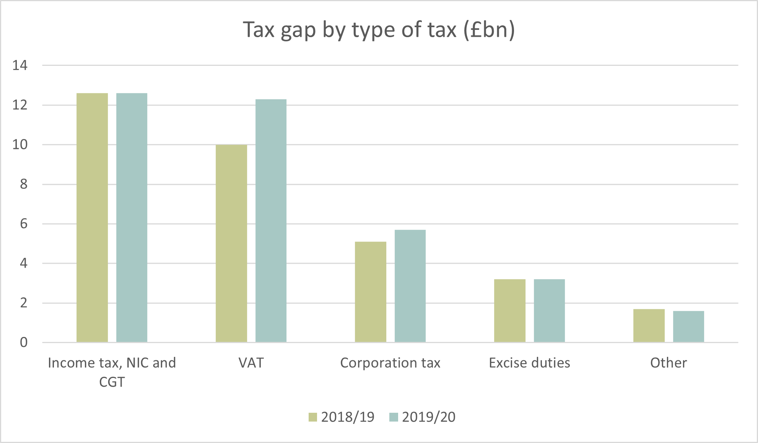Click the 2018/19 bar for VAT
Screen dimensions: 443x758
pyautogui.click(x=231, y=244)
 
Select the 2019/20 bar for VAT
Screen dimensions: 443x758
pyautogui.click(x=271, y=221)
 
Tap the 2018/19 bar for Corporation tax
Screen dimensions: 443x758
pyautogui.click(x=371, y=292)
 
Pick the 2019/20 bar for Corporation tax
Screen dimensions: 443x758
pyautogui.click(x=410, y=286)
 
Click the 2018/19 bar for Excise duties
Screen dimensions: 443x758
pyautogui.click(x=510, y=311)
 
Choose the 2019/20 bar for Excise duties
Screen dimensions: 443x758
pyautogui.click(x=549, y=311)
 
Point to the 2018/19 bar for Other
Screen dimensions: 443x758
pyautogui.click(x=649, y=325)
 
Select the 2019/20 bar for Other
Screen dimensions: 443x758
pyautogui.click(x=688, y=327)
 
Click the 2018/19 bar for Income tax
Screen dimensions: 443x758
pyautogui.click(x=92, y=217)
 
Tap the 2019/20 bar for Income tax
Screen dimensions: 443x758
pyautogui.click(x=132, y=217)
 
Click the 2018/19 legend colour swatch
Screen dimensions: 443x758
pyautogui.click(x=313, y=417)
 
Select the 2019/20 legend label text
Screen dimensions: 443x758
pyautogui.click(x=429, y=417)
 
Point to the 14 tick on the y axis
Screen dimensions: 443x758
pyautogui.click(x=20, y=65)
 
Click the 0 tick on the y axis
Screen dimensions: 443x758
pyautogui.click(x=24, y=342)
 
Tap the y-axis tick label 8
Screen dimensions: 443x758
pyautogui.click(x=24, y=184)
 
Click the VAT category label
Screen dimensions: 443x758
pyautogui.click(x=251, y=363)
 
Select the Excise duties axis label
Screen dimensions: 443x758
pyautogui.click(x=529, y=363)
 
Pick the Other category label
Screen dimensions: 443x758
pyautogui.click(x=669, y=363)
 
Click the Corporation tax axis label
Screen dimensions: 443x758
pyautogui.click(x=390, y=363)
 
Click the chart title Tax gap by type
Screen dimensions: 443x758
pyautogui.click(x=379, y=29)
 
